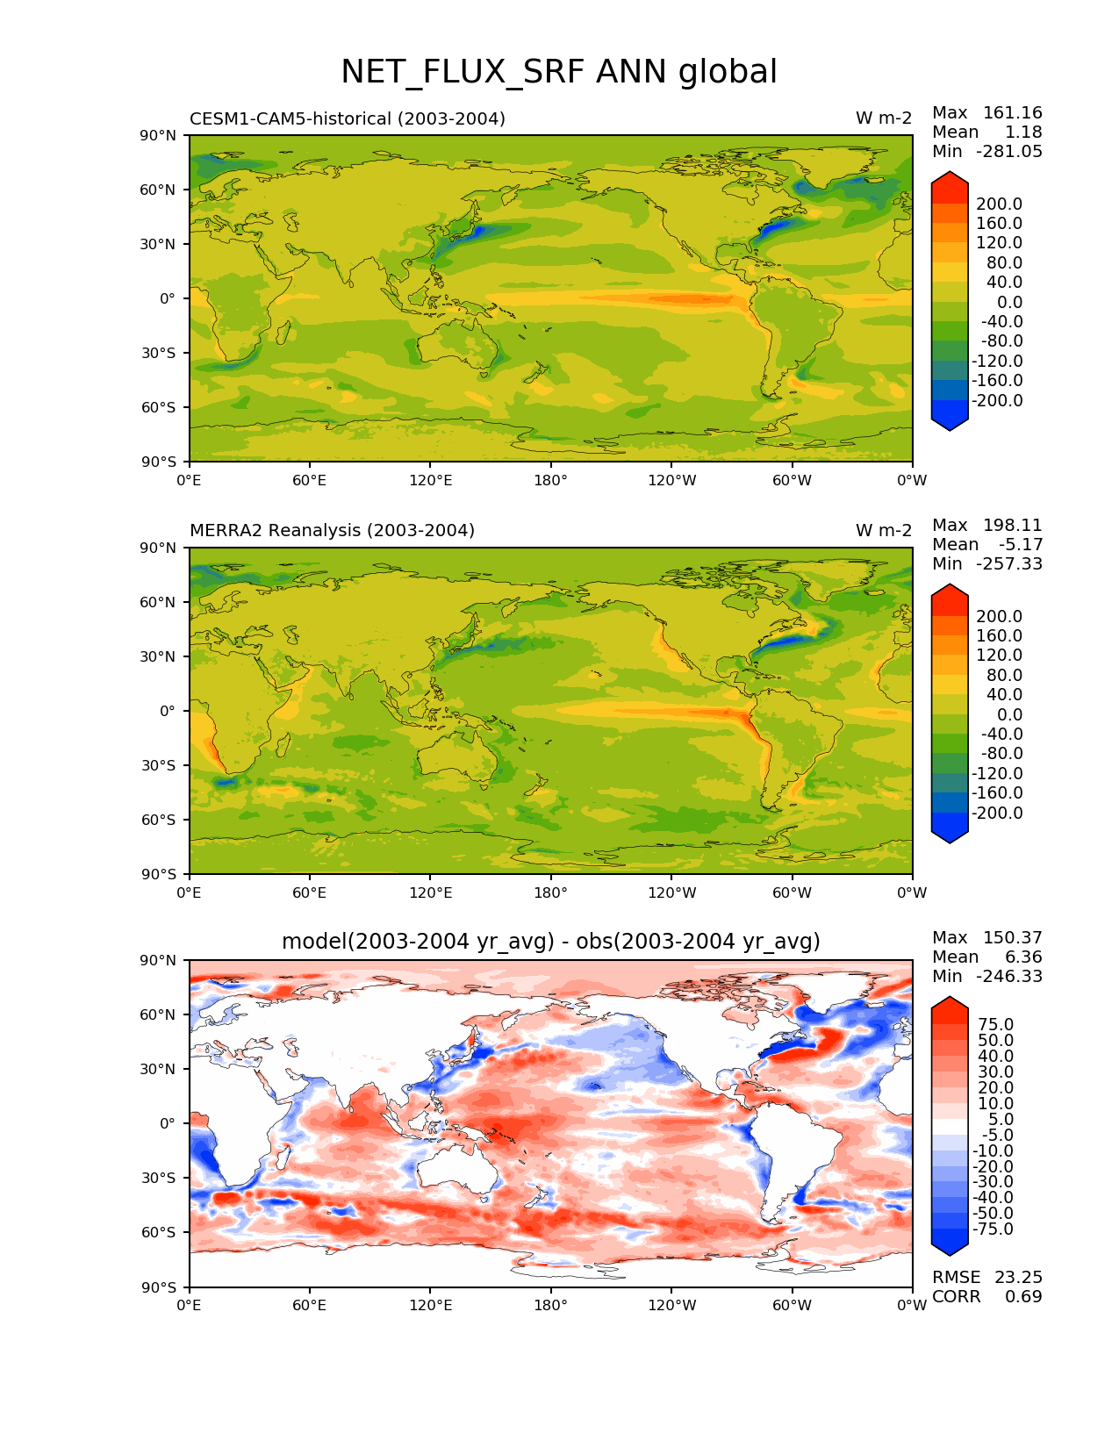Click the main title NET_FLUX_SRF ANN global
point(559,72)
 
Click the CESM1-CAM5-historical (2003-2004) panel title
point(348,118)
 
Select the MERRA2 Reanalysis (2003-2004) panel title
point(332,530)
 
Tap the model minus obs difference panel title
point(550,942)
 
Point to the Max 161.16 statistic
point(987,113)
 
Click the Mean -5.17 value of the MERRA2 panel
point(987,545)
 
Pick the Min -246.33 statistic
point(987,977)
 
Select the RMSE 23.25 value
point(987,1278)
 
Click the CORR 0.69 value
point(987,1297)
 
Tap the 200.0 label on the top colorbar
point(999,204)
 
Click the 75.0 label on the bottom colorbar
point(995,1025)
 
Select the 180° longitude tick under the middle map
point(550,893)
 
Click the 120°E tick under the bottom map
point(430,1306)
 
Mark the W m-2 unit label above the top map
point(884,118)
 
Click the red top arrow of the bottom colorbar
point(950,1006)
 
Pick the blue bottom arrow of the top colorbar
point(950,422)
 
